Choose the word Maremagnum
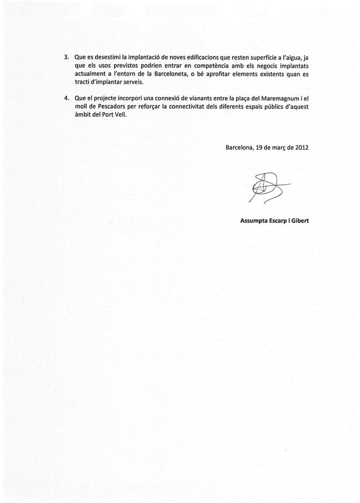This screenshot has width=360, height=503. (x=279, y=97)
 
